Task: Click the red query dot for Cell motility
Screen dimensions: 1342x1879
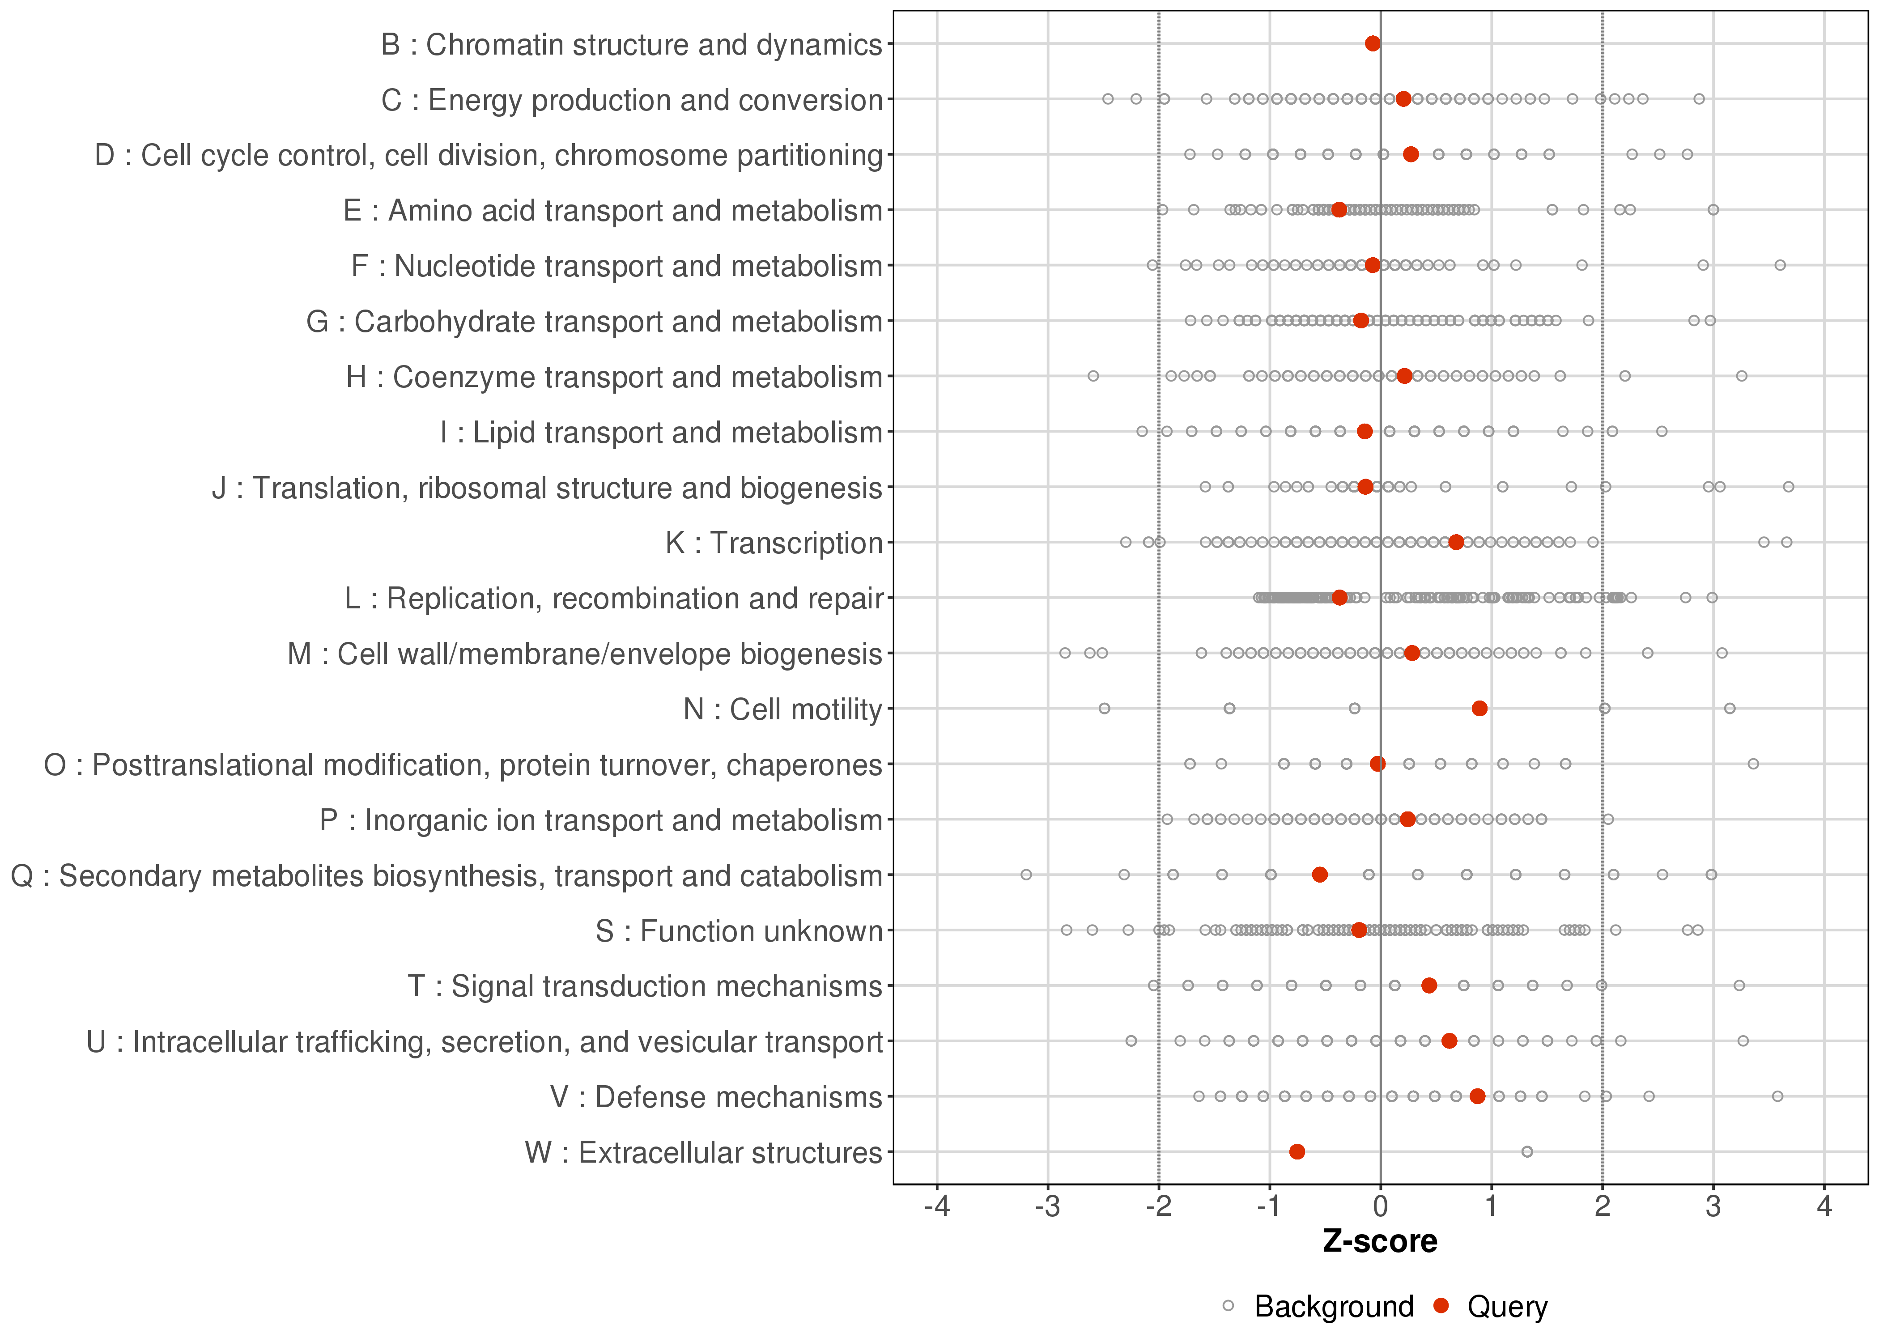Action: pos(1480,708)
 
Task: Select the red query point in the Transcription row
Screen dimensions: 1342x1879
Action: pos(1456,542)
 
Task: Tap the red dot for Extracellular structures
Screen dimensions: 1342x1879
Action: pos(1297,1152)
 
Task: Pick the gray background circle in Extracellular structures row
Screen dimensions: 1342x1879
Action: pos(1527,1152)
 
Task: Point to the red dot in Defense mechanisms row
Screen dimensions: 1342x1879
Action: pos(1477,1096)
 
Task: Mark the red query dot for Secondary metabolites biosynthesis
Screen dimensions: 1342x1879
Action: pos(1320,875)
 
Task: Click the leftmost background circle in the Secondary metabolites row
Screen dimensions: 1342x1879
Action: pos(1026,875)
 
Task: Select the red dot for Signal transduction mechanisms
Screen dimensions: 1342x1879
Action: pos(1428,986)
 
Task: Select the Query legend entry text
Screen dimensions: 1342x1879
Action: pos(1507,1307)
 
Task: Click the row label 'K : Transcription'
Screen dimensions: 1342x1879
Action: pos(774,543)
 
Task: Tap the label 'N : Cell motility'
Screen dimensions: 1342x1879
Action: pos(783,709)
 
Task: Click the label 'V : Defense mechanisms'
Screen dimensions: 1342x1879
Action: pos(716,1097)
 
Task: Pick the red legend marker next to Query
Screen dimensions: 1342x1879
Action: pos(1442,1306)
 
